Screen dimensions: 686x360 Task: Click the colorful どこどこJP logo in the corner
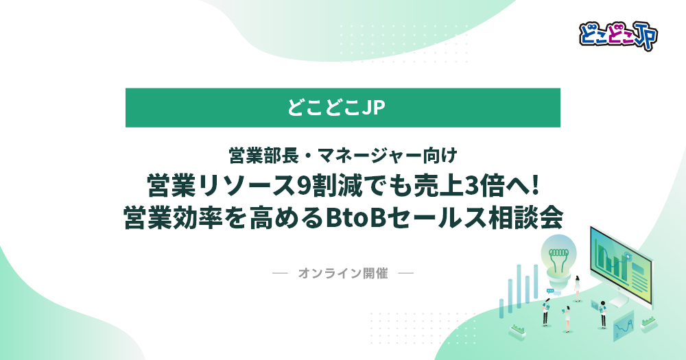(x=618, y=36)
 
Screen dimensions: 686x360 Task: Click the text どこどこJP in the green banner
(x=336, y=108)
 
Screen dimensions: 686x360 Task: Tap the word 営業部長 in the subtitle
(x=264, y=155)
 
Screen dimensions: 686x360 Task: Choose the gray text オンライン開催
(x=343, y=274)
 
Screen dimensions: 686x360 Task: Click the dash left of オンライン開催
(x=280, y=274)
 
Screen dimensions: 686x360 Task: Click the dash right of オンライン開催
(x=406, y=274)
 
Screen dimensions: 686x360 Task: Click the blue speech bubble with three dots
(x=550, y=291)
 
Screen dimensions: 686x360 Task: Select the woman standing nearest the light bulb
(x=577, y=289)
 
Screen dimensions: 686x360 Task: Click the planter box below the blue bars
(x=517, y=332)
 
